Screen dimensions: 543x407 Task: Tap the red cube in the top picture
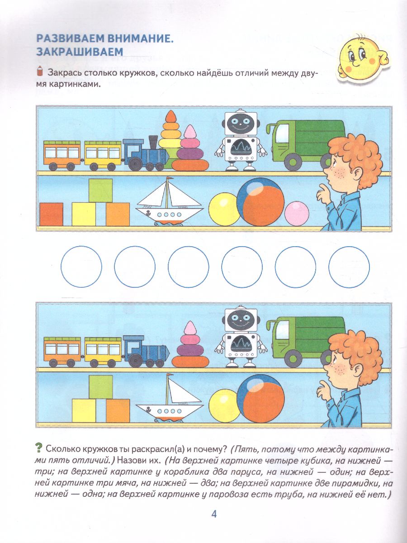51,214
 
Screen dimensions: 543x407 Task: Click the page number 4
214,514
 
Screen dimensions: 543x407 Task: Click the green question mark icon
39,449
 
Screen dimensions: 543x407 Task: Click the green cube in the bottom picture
100,387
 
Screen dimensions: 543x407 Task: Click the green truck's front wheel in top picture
294,161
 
